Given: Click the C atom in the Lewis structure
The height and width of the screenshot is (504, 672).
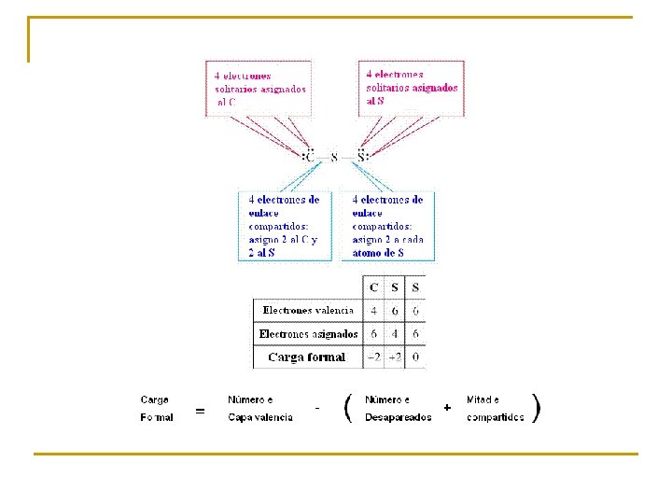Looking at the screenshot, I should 309,157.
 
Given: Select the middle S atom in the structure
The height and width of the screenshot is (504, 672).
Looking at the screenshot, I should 334,157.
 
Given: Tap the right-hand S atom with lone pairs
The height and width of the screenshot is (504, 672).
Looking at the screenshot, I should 362,156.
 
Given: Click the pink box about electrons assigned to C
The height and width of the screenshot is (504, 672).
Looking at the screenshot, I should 259,89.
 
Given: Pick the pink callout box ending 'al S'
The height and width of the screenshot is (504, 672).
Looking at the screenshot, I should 412,88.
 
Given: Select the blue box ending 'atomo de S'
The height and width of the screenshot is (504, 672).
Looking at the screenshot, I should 388,226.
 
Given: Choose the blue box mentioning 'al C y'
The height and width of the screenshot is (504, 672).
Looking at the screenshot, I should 285,226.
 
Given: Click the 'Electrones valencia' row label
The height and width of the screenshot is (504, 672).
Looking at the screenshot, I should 308,310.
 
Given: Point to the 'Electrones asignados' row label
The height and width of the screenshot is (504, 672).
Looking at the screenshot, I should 308,333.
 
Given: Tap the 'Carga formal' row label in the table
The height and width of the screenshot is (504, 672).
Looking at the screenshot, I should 306,357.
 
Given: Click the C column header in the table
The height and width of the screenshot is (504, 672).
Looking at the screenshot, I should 374,287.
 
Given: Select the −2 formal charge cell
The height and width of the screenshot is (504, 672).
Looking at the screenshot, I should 373,357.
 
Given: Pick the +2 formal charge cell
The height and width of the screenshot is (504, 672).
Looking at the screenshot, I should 394,357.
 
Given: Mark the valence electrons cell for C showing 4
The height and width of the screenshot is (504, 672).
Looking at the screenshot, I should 374,310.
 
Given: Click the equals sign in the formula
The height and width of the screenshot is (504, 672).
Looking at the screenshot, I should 200,410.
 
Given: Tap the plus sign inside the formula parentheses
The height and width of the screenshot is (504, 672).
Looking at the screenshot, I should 448,408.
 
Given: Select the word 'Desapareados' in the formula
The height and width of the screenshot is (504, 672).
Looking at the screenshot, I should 398,417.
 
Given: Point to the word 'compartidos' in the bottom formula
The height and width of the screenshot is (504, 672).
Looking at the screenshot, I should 495,417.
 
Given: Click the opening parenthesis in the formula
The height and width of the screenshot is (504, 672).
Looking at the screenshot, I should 347,408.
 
